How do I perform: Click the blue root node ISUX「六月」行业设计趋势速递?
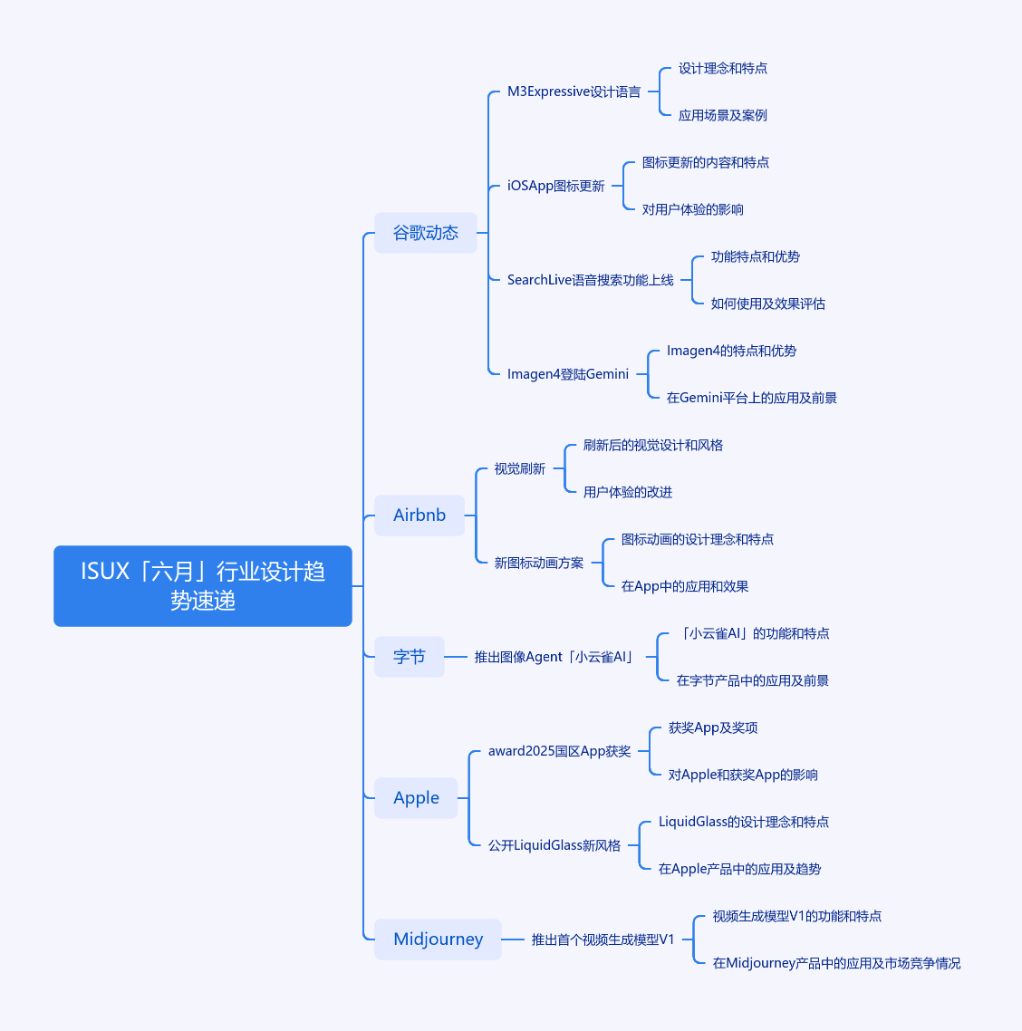[203, 586]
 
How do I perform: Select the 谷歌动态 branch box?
[426, 233]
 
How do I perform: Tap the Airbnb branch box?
[419, 515]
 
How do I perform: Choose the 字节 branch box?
[409, 657]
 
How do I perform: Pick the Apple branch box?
[416, 798]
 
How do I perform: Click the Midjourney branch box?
[438, 939]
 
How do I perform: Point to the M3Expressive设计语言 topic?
[574, 92]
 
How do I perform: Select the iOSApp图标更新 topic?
[555, 186]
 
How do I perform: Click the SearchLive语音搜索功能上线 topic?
[591, 280]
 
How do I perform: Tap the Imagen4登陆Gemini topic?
[568, 374]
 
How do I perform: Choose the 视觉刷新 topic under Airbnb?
[519, 468]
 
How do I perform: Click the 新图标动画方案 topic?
[538, 563]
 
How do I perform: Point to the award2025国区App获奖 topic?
[560, 751]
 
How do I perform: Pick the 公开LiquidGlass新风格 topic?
[554, 845]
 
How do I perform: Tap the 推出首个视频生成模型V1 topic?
[603, 939]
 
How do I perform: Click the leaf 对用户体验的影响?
[692, 210]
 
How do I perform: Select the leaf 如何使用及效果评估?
[768, 304]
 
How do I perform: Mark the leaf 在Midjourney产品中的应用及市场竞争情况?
[836, 963]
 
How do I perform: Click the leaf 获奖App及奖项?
[713, 727]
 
